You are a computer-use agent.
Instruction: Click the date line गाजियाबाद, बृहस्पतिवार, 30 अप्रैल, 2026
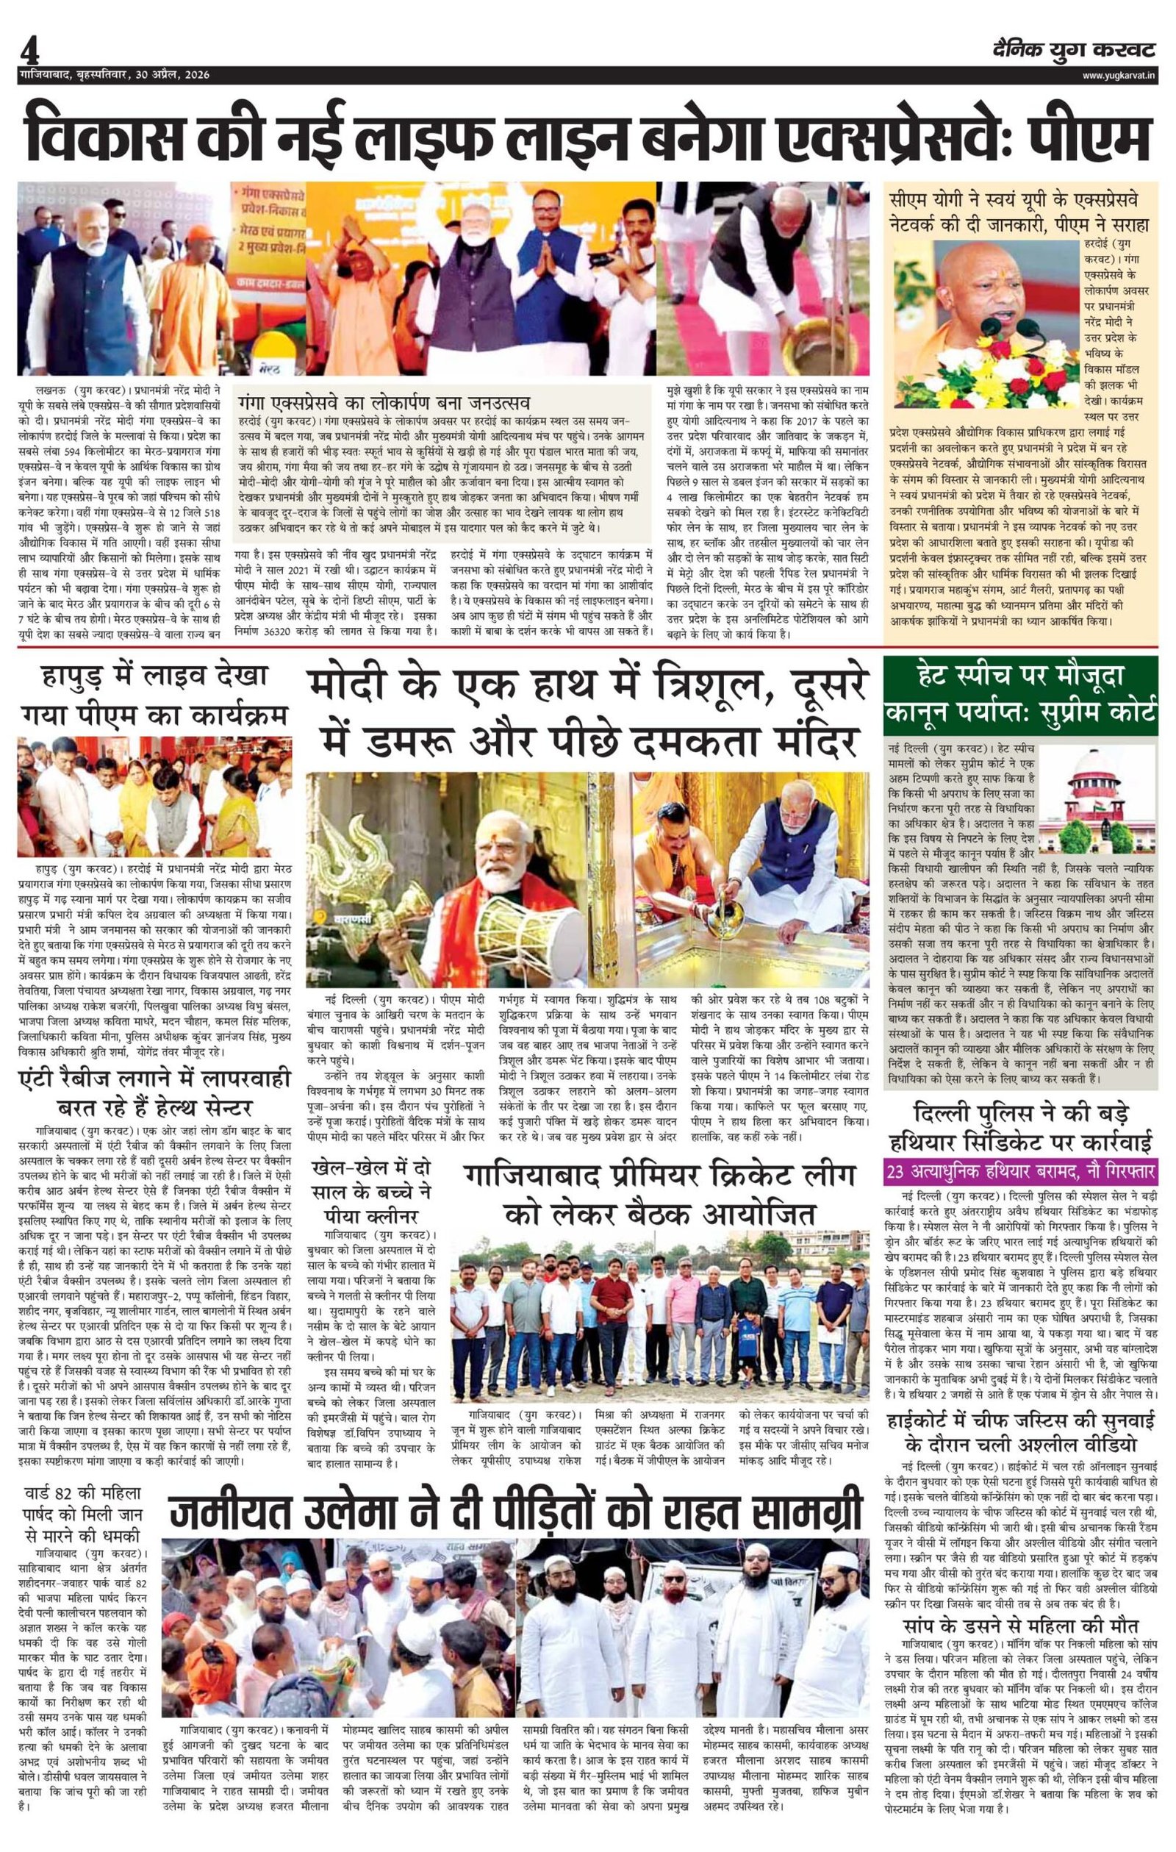[x=115, y=76]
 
